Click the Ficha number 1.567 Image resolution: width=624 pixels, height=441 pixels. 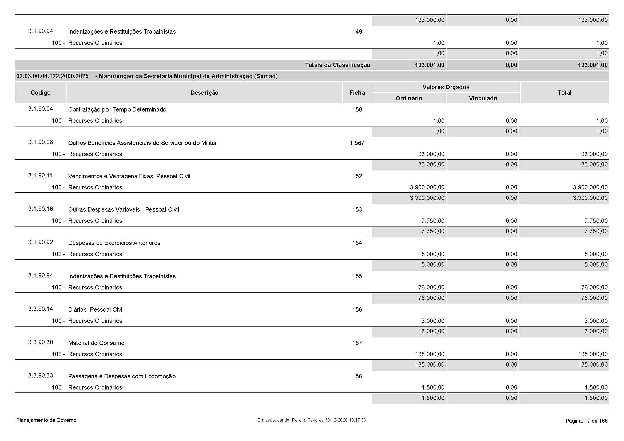tap(357, 143)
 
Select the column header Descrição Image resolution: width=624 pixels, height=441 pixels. tap(204, 93)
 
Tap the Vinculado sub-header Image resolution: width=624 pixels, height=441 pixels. tap(483, 98)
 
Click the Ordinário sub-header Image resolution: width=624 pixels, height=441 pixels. tap(409, 98)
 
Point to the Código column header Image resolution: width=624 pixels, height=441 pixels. tap(41, 93)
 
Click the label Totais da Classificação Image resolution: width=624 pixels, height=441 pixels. tap(337, 65)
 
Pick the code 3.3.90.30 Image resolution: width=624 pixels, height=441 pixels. tap(41, 342)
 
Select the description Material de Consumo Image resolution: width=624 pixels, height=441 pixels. tap(96, 343)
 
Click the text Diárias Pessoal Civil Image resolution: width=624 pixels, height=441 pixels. tap(96, 309)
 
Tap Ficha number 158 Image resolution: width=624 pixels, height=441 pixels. tap(357, 376)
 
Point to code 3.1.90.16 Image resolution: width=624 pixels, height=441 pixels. tap(41, 209)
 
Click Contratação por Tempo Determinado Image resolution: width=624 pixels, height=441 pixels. tap(117, 109)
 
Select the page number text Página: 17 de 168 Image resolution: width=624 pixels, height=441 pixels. tap(586, 421)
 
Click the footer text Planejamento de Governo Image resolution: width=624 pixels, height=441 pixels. tap(46, 420)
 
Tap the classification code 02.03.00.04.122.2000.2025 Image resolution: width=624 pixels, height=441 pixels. tap(53, 76)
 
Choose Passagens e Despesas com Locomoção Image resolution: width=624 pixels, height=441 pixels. tap(122, 376)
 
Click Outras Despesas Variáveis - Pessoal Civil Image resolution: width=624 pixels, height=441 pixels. tap(124, 209)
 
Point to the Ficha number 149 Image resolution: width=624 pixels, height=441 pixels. tap(357, 31)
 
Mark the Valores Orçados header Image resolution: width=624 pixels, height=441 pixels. tap(446, 87)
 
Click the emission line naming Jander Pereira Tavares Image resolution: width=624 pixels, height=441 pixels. tap(311, 420)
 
